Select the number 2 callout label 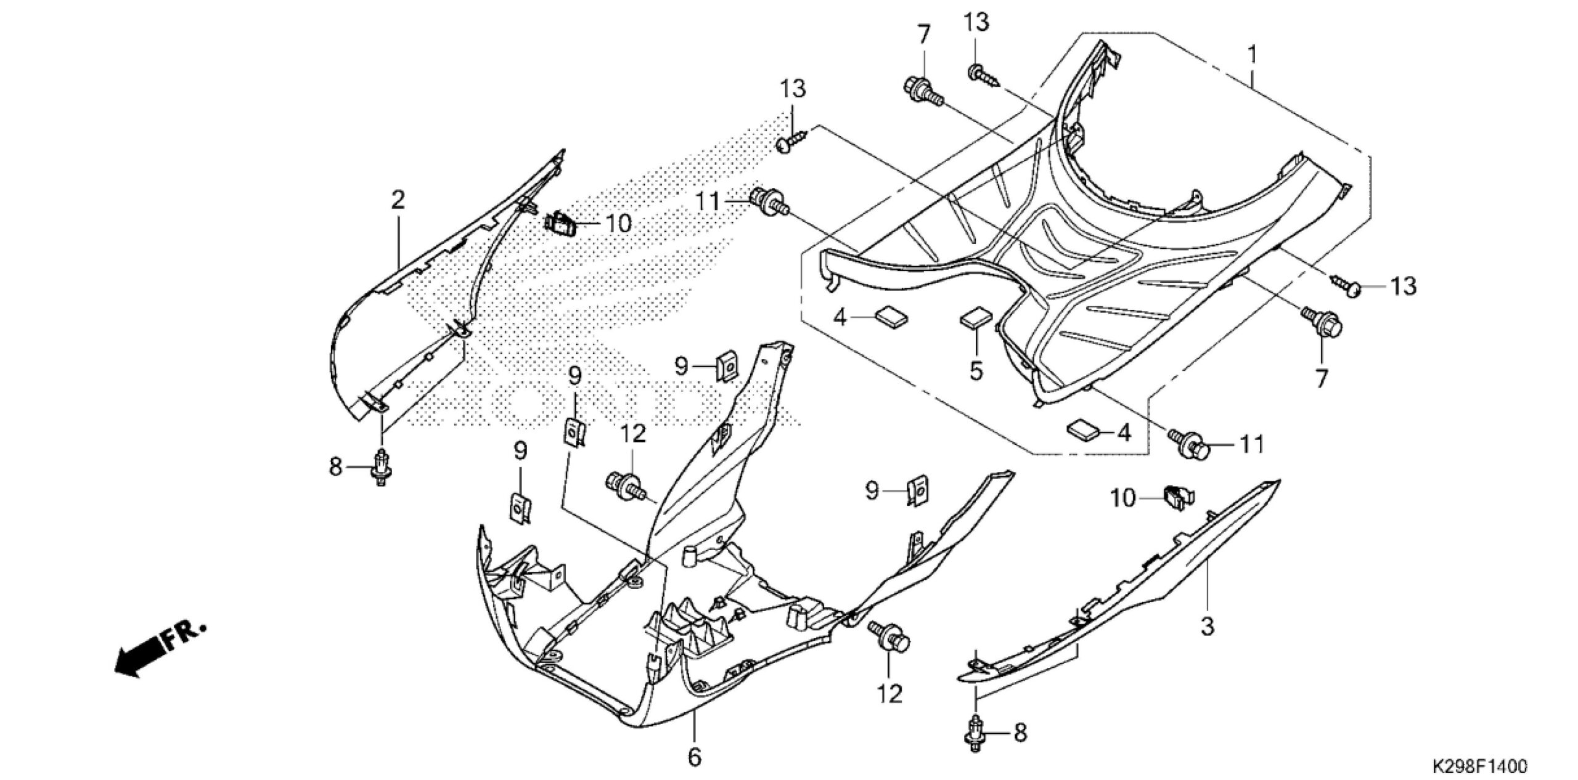tap(398, 200)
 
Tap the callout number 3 tap(1208, 626)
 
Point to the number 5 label tap(976, 371)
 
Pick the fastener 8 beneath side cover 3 tap(975, 733)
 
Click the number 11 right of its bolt tap(1252, 444)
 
